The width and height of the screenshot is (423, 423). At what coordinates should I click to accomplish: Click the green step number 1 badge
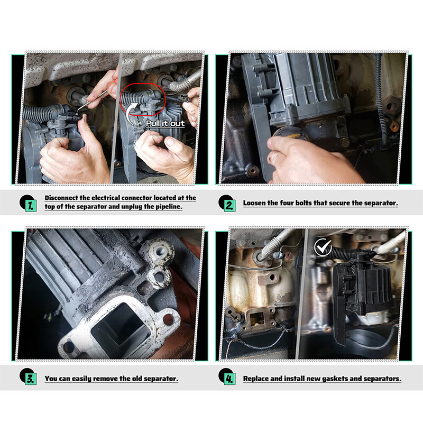coord(31,206)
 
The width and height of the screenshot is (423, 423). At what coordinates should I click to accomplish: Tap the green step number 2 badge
coord(230,206)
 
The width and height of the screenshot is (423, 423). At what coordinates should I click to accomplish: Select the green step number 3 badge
coord(31,379)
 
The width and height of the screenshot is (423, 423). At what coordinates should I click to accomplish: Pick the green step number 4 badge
coord(230,379)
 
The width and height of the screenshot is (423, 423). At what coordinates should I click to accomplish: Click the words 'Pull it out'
coord(165,123)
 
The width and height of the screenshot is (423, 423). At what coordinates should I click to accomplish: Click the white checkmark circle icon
coord(323,247)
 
